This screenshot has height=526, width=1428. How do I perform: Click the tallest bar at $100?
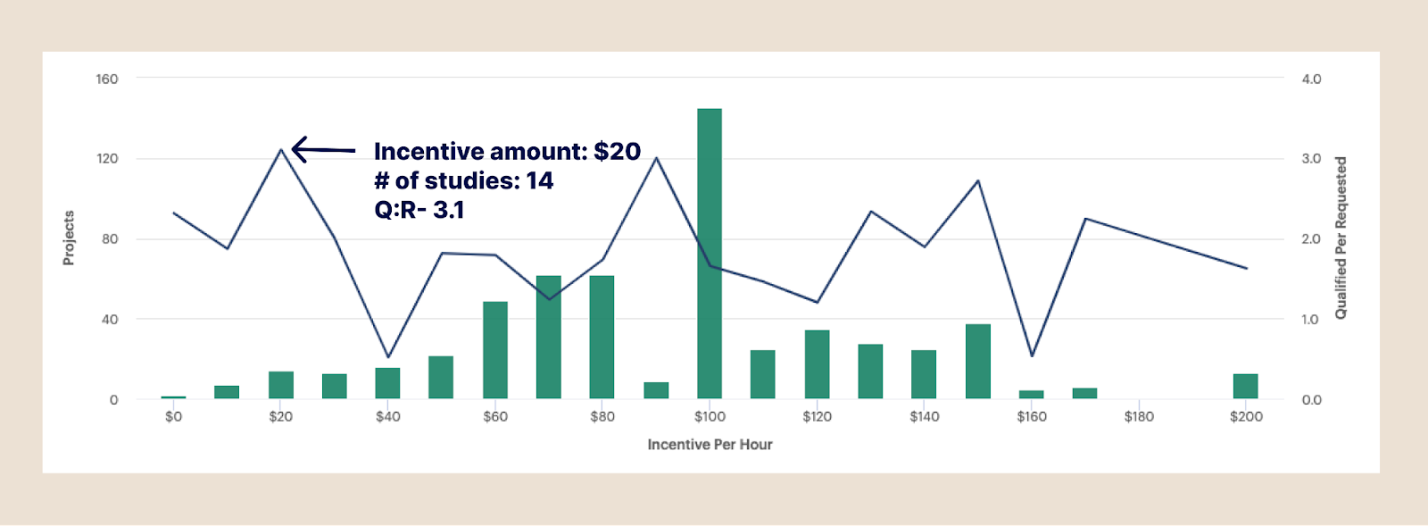[x=710, y=254]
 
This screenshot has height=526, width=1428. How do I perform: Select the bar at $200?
[x=1245, y=386]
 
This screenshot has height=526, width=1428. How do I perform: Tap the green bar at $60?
[x=495, y=350]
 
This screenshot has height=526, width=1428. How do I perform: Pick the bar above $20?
[x=281, y=385]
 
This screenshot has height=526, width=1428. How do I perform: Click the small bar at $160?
[x=1031, y=394]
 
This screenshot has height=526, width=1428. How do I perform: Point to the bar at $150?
[x=977, y=362]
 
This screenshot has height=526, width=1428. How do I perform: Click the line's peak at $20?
[x=281, y=149]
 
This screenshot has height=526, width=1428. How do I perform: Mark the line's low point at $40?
[x=388, y=357]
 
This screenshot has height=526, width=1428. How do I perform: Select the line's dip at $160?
[x=1032, y=355]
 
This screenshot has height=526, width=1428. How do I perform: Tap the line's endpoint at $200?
[x=1246, y=268]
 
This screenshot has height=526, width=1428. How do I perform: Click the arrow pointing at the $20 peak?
[x=322, y=149]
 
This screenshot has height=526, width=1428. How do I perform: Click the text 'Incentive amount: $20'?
[x=507, y=152]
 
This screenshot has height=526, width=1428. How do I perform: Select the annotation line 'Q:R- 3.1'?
[x=419, y=210]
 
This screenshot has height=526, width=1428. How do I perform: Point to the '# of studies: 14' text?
[x=463, y=180]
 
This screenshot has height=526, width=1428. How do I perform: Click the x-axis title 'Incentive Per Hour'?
[x=710, y=445]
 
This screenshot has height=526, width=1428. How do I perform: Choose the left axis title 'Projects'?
[x=69, y=238]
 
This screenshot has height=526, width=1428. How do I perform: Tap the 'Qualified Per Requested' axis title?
[x=1340, y=238]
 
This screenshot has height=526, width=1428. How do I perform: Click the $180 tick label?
[x=1139, y=416]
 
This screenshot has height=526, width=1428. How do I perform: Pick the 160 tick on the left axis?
[x=107, y=79]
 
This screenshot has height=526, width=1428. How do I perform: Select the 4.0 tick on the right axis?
[x=1311, y=79]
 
